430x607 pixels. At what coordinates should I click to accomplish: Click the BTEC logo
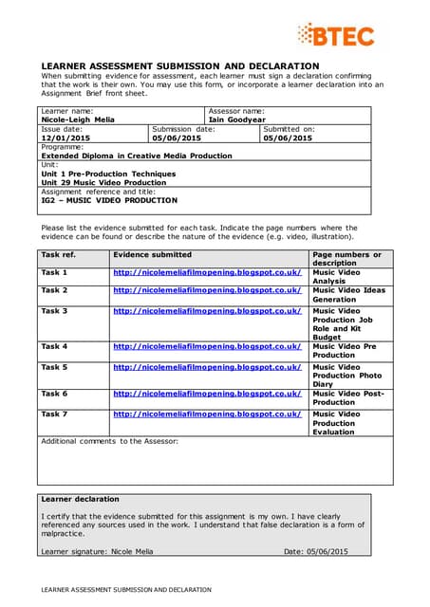pyautogui.click(x=335, y=36)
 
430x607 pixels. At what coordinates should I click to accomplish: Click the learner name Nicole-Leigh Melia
pyautogui.click(x=81, y=120)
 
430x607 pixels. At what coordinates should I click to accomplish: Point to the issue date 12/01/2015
pyautogui.click(x=66, y=138)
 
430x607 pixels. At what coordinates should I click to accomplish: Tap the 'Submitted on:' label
pyautogui.click(x=289, y=129)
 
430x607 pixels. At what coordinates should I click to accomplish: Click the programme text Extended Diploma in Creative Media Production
pyautogui.click(x=122, y=156)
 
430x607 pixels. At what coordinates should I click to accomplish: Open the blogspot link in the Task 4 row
pyautogui.click(x=207, y=347)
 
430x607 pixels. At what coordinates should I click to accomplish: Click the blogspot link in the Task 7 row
pyautogui.click(x=207, y=414)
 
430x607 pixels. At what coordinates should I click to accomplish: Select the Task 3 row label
pyautogui.click(x=54, y=310)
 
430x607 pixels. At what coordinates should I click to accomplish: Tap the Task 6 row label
pyautogui.click(x=54, y=393)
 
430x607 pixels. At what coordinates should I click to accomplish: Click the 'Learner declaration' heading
pyautogui.click(x=80, y=498)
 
